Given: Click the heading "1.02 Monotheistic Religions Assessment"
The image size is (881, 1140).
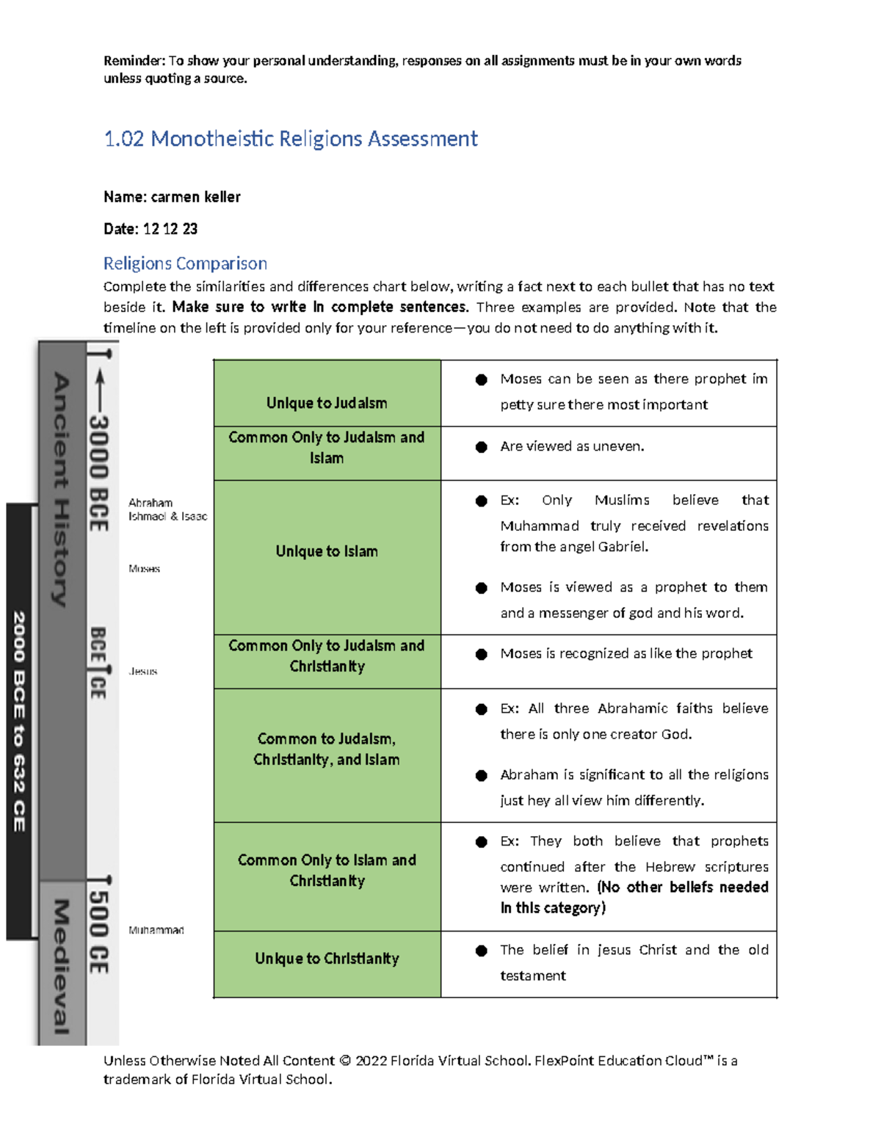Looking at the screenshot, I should coord(291,139).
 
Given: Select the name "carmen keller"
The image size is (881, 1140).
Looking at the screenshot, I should coord(195,197).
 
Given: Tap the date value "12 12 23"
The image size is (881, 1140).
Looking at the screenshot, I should coord(170,229).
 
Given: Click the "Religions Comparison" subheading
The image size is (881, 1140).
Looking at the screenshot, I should coord(185,264).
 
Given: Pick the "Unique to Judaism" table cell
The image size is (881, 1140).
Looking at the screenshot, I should coord(327,403).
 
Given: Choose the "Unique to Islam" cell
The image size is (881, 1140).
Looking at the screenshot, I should coord(327,551).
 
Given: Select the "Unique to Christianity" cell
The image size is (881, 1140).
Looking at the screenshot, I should coord(327,959).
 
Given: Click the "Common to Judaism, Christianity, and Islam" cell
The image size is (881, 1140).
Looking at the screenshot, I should coord(327,749).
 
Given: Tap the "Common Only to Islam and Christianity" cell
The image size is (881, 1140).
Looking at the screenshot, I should coord(327,870).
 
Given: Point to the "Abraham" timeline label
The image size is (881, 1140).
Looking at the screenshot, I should coord(151,503).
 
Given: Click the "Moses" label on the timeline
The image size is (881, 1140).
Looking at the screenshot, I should coord(144,569).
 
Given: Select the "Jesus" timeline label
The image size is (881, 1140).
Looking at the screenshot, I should coord(143,672).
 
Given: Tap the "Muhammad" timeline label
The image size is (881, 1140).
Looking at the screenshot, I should coord(156,930).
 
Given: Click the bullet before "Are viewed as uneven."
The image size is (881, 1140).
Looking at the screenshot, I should coord(482,447).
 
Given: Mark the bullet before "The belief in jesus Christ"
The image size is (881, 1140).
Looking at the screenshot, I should coord(482,951).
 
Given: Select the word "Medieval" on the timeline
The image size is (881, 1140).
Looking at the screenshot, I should coord(62,967).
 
